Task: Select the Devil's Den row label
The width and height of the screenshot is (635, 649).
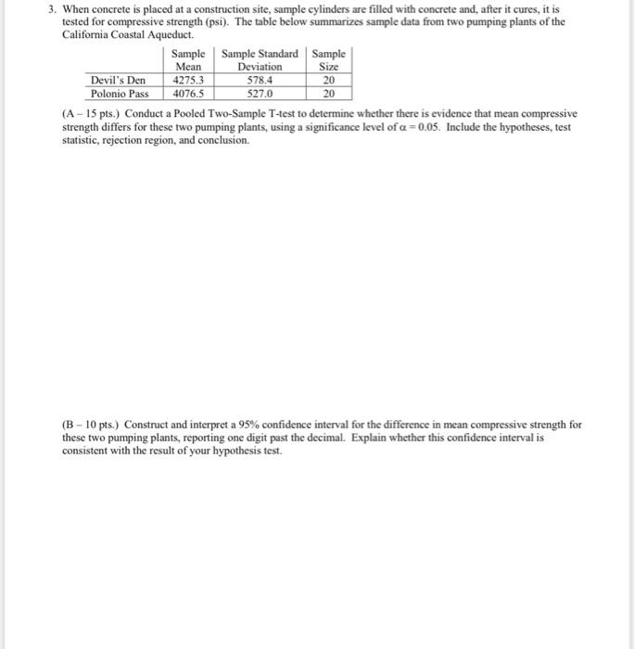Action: [x=118, y=80]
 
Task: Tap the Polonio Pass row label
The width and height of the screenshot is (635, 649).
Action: [x=120, y=94]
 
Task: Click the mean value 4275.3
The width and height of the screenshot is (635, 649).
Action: [x=188, y=80]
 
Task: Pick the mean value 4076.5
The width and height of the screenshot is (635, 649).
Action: [x=188, y=94]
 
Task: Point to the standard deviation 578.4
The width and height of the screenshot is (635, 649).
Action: [x=260, y=80]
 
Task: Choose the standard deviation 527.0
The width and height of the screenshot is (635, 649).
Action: [x=260, y=94]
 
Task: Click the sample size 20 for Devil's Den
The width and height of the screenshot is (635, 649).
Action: [x=328, y=80]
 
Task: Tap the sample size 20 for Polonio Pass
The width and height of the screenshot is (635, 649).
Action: [x=328, y=94]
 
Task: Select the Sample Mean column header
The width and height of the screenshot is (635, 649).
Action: [x=188, y=60]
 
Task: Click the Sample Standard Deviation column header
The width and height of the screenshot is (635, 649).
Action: [x=260, y=60]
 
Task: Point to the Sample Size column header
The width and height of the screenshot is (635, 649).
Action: [x=328, y=60]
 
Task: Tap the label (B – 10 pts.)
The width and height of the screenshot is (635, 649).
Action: [x=91, y=425]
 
